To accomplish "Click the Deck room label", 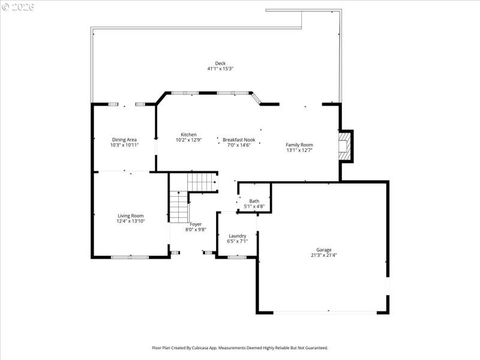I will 220,63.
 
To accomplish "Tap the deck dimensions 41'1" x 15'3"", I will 220,69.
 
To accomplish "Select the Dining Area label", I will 124,139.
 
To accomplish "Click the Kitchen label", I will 188,134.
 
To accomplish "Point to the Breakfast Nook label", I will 239,139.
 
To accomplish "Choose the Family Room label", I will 299,145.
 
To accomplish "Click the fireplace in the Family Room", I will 344,147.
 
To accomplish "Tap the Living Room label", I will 130,215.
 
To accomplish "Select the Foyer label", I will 196,224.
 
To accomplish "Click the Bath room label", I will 254,201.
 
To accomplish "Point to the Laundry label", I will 238,236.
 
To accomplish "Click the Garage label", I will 324,250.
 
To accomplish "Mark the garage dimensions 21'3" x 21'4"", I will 324,255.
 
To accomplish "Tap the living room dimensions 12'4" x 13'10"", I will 130,221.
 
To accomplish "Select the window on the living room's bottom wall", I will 130,257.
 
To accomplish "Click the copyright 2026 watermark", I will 18,7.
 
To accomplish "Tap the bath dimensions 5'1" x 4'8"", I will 254,206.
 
